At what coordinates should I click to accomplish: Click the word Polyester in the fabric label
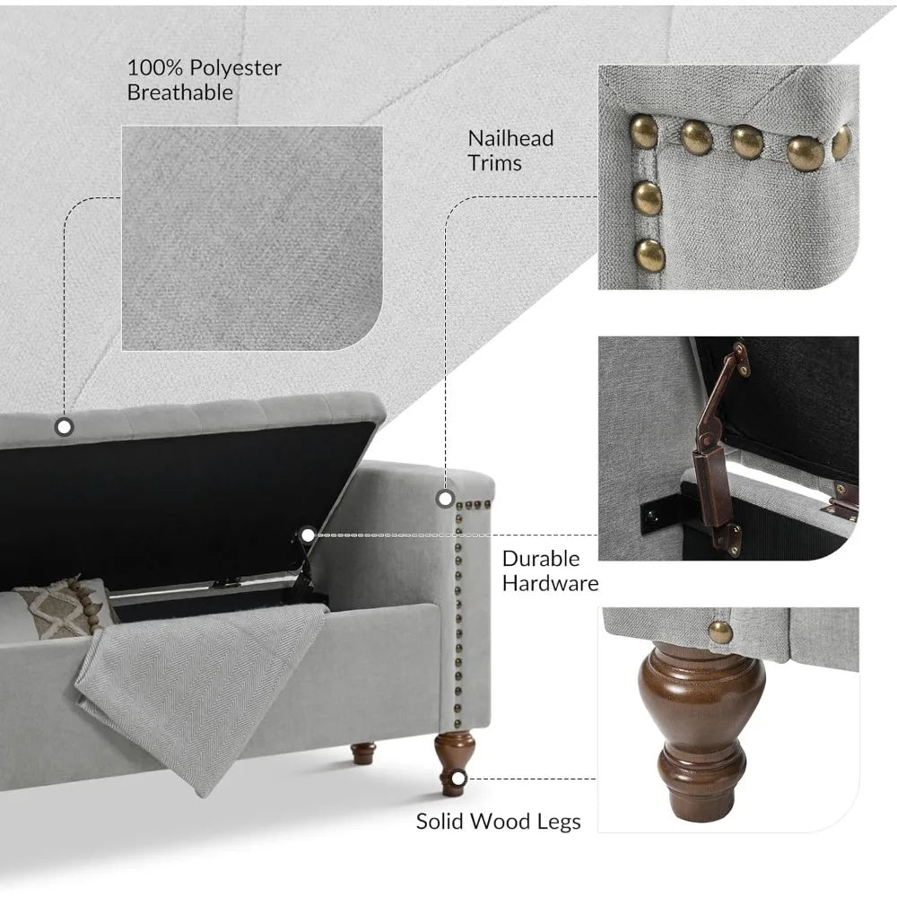(235, 68)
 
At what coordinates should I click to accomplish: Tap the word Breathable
(180, 92)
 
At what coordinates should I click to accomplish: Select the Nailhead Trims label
(510, 151)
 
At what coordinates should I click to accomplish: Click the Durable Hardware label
(551, 570)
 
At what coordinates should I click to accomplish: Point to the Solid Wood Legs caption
(498, 822)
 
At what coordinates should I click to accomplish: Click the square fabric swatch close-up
(252, 238)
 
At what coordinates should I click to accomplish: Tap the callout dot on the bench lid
(64, 427)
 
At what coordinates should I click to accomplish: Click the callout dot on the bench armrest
(445, 499)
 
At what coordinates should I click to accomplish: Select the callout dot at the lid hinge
(308, 535)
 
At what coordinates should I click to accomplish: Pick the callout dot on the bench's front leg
(458, 779)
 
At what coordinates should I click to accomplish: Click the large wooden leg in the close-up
(702, 731)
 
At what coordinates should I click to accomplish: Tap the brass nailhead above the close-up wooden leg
(720, 632)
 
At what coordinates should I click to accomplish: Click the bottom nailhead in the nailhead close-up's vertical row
(649, 255)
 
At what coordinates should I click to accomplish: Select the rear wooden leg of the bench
(363, 753)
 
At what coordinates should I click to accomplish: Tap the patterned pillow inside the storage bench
(65, 608)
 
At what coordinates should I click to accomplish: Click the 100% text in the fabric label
(155, 68)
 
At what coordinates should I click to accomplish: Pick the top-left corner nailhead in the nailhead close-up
(644, 131)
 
